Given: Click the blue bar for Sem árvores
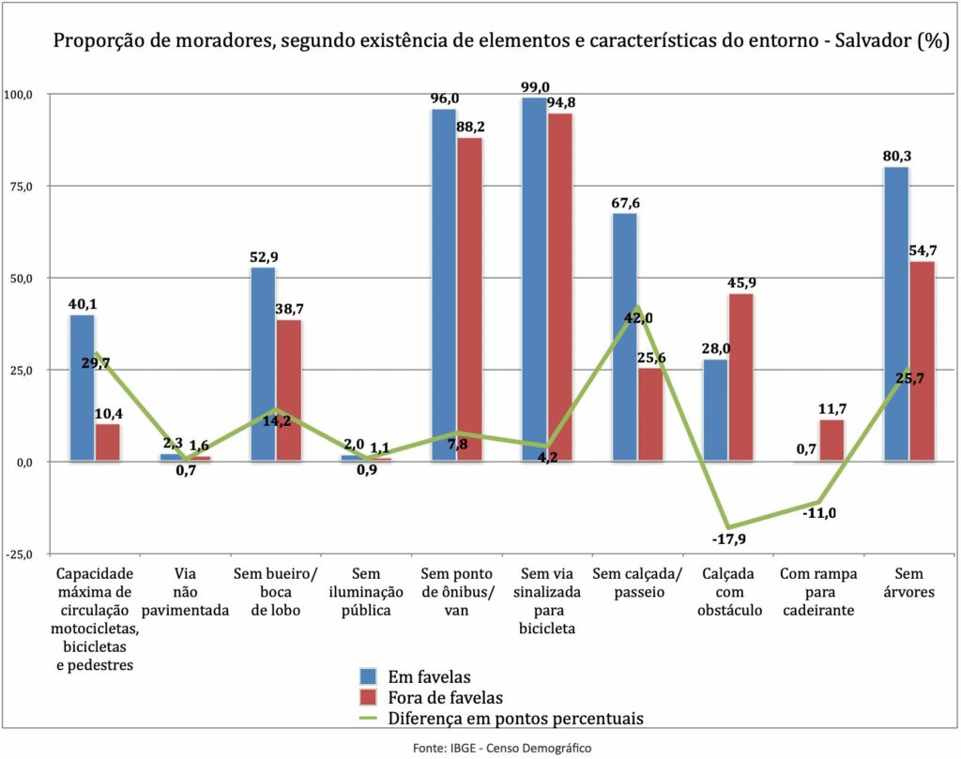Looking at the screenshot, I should tap(896, 314).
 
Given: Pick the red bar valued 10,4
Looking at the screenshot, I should tap(107, 442).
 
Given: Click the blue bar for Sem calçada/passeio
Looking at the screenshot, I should tap(624, 337).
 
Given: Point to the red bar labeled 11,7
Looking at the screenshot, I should tap(831, 440).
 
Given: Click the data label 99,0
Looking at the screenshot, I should tap(535, 87).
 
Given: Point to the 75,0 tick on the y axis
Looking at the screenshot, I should tap(19, 187).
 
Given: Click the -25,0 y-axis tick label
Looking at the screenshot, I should tap(19, 554).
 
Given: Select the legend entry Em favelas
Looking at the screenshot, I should tap(429, 676).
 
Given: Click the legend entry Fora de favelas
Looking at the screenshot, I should tap(445, 697).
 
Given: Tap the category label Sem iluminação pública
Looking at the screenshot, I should tap(376, 591).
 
